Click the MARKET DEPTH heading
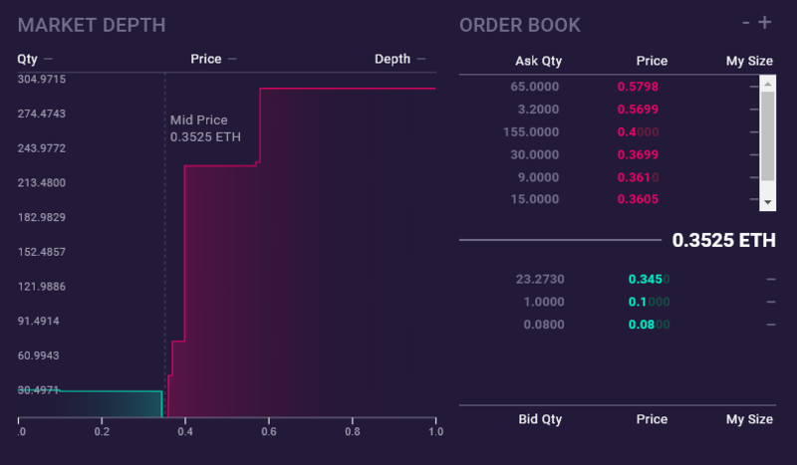tap(92, 25)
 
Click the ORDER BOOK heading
tap(519, 25)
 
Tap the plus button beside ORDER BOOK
tap(765, 22)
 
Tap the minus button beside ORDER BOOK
tap(746, 22)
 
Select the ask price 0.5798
tap(638, 87)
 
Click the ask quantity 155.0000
tap(535, 131)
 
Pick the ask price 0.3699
tap(638, 154)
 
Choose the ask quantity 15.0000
tap(538, 199)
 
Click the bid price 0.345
tap(649, 279)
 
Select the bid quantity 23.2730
tap(540, 279)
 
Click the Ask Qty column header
tap(538, 61)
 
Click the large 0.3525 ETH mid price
tap(723, 240)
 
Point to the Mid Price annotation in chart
tap(205, 128)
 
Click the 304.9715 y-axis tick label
tap(41, 79)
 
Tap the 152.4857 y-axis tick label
tap(41, 252)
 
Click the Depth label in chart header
tap(393, 59)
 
